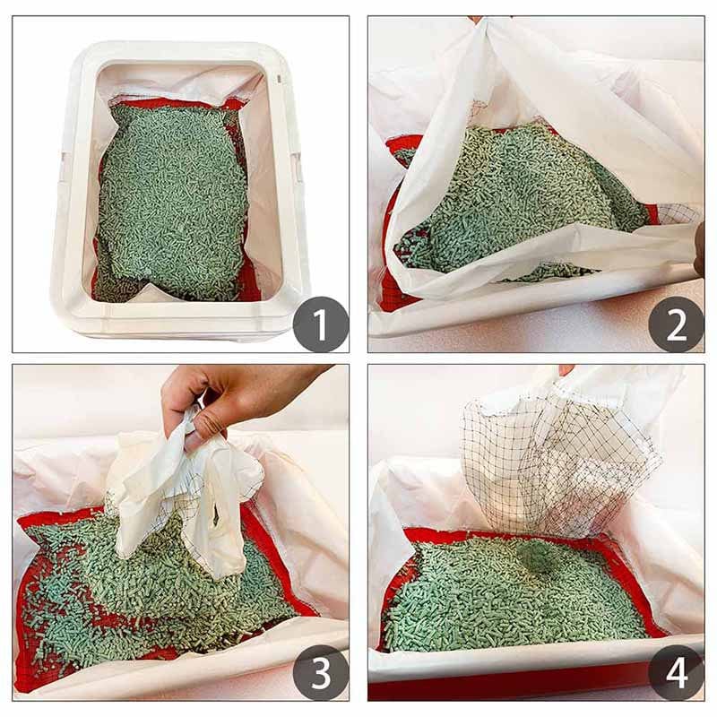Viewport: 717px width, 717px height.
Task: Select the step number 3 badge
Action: [320, 671]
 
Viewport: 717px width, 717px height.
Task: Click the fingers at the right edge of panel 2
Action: [698, 251]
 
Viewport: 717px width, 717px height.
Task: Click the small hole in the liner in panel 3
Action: [213, 517]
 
